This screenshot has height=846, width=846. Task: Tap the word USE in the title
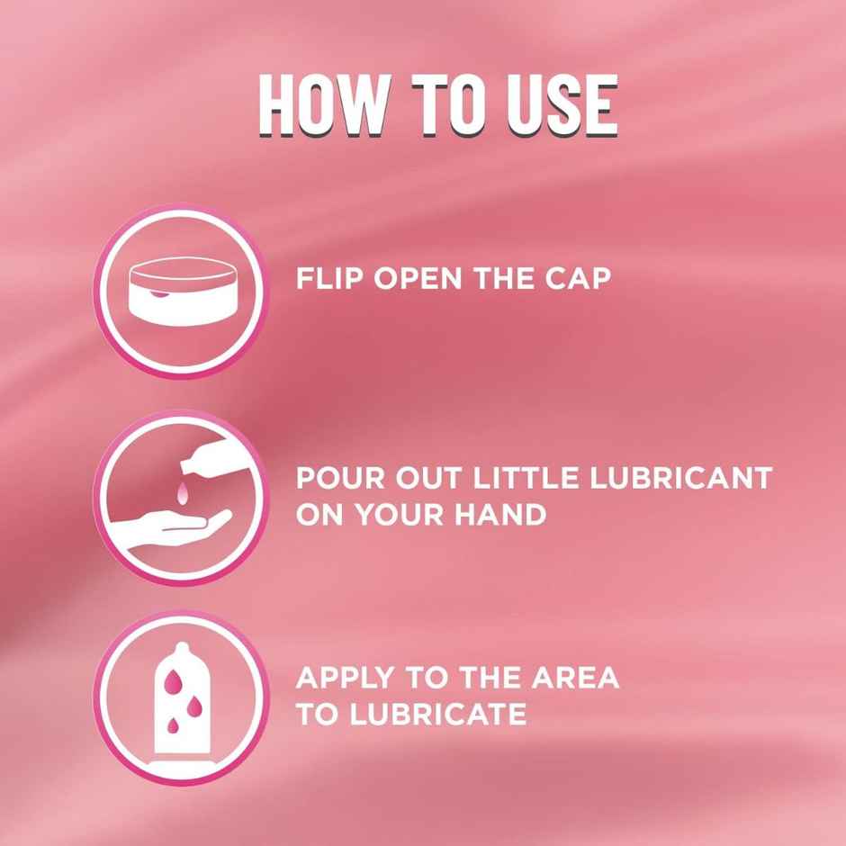(x=562, y=105)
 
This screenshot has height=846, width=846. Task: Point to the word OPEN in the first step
(x=418, y=278)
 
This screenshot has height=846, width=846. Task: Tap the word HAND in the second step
(x=499, y=514)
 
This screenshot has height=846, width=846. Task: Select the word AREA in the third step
(x=575, y=679)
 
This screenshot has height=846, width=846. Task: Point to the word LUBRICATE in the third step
(x=437, y=715)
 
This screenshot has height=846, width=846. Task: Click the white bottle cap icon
(x=183, y=292)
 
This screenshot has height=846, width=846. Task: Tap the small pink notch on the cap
(x=157, y=294)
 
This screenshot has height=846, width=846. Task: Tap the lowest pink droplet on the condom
(x=173, y=725)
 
